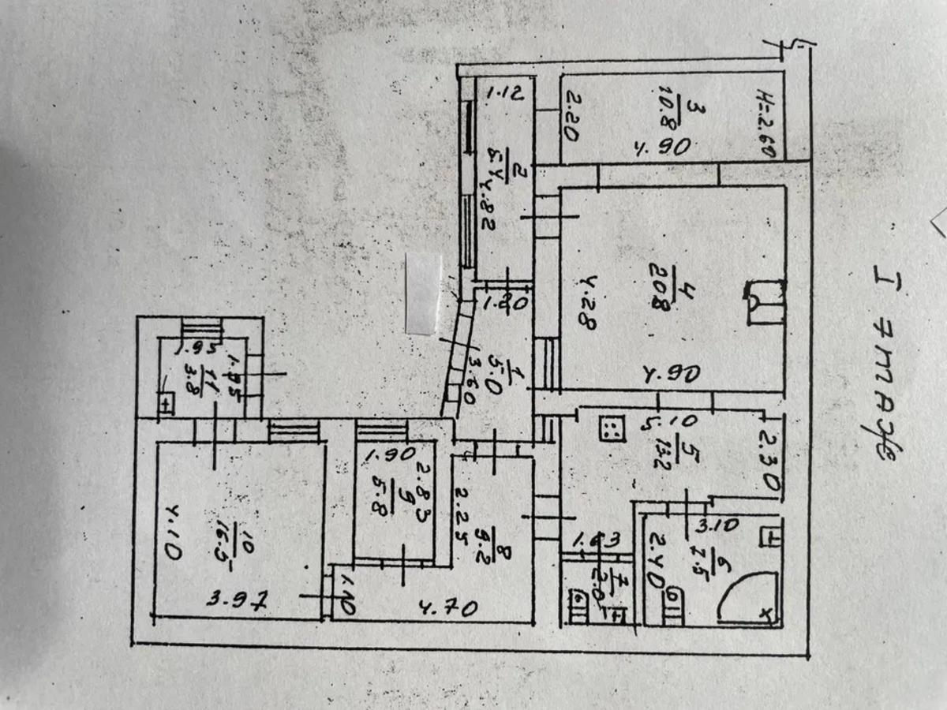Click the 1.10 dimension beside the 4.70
point(347,593)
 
